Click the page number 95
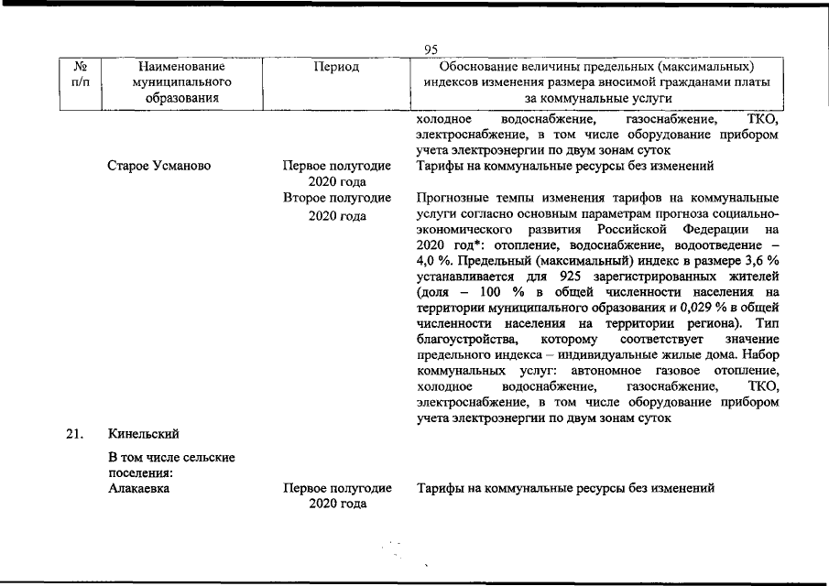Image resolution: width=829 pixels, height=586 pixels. point(432,50)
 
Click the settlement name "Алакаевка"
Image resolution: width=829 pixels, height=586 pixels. point(139,489)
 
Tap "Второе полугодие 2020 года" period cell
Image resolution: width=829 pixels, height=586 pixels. point(337,206)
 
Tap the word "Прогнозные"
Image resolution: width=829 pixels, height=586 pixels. point(453,198)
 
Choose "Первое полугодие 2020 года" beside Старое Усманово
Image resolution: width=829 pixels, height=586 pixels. point(337,174)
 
